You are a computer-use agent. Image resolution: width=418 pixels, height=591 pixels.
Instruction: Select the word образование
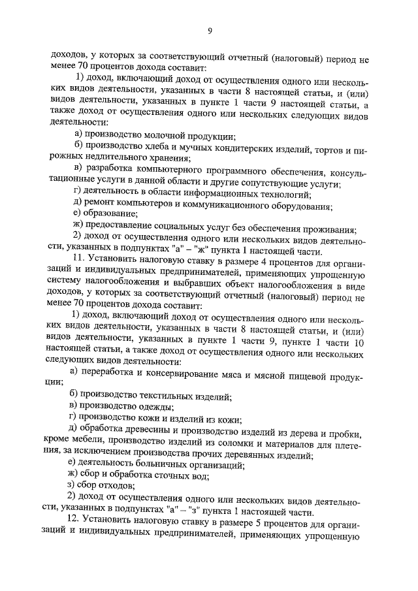(x=111, y=217)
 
